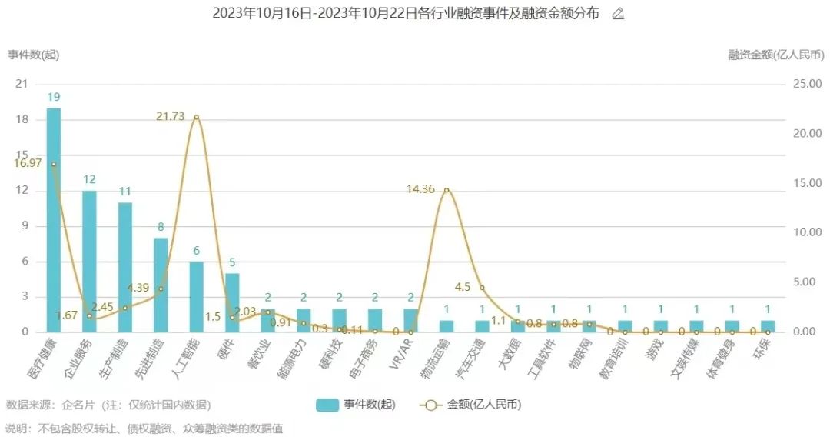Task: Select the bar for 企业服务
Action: (x=89, y=261)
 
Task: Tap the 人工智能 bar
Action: (x=197, y=296)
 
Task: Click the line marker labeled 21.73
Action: (x=197, y=117)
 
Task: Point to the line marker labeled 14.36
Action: (x=447, y=190)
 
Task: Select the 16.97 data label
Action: (x=28, y=163)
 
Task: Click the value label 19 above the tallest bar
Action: (x=54, y=97)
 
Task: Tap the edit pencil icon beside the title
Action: (x=618, y=14)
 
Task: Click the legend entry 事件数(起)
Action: (x=355, y=405)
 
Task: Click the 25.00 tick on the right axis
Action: (x=807, y=84)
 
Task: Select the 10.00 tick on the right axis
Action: (x=807, y=232)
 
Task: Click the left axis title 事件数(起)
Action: (x=33, y=55)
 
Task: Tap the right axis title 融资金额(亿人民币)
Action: (x=775, y=55)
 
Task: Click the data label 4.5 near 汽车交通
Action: (x=463, y=287)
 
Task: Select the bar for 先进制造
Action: (x=161, y=285)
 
